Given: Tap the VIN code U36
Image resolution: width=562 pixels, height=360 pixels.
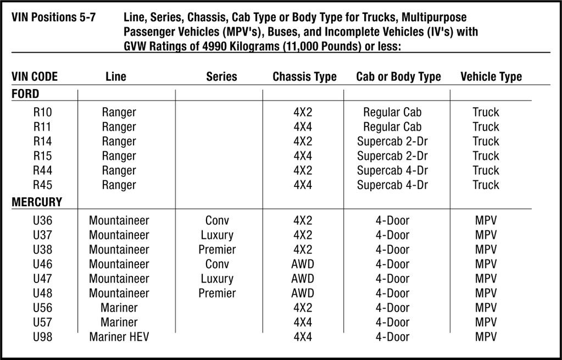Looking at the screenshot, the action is [x=42, y=220].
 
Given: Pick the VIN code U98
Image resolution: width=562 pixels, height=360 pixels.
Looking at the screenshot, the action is [x=42, y=336].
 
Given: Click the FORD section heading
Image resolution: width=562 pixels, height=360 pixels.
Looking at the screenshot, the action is [x=25, y=94].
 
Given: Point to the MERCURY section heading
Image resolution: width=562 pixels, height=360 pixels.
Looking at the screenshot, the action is [x=37, y=202].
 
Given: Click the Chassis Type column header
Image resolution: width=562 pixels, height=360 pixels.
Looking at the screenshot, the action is [x=304, y=77].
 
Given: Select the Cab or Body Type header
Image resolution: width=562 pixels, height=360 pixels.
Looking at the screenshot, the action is [x=398, y=77].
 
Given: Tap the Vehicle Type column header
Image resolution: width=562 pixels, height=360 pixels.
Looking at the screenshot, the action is [x=491, y=77].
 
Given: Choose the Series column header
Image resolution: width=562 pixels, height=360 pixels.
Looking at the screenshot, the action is [x=221, y=77].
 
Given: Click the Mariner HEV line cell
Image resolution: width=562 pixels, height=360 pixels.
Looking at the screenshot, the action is [x=119, y=336].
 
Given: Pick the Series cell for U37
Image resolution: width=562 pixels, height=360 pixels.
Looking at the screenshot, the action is [x=217, y=235].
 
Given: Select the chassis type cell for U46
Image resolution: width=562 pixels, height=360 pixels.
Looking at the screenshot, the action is [x=303, y=264].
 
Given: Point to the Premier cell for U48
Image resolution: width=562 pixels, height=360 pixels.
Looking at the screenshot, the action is [x=217, y=293].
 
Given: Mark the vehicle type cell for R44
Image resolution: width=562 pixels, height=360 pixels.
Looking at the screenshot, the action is [x=486, y=170].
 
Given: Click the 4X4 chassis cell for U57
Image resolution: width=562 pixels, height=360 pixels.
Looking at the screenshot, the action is [x=303, y=322].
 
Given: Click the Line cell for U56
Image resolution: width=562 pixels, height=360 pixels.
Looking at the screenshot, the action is [x=119, y=308].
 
